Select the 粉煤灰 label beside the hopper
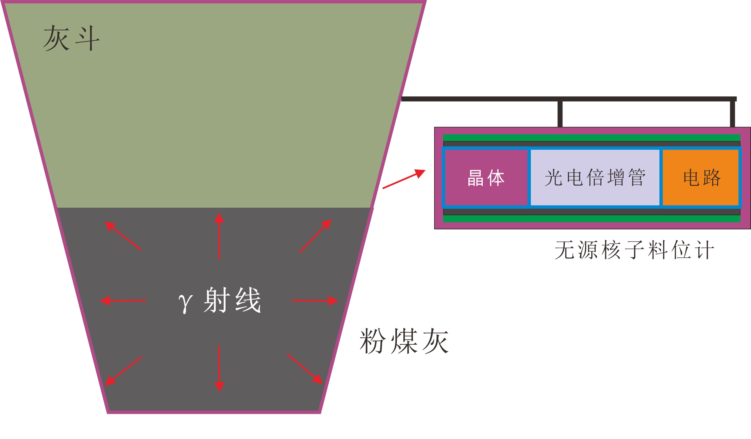point(404,341)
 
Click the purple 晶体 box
point(486,178)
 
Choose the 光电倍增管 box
point(595,178)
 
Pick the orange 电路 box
point(701,178)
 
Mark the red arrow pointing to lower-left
point(123,371)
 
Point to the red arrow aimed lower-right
point(305,369)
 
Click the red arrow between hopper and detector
point(404,179)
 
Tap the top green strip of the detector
point(592,138)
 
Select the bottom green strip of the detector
point(592,219)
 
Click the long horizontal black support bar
point(566,99)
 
